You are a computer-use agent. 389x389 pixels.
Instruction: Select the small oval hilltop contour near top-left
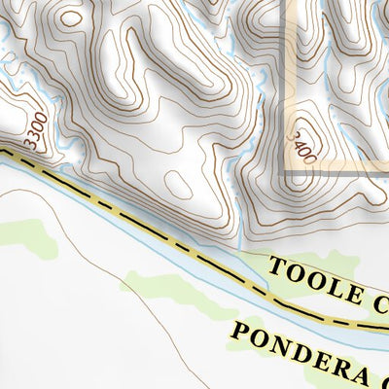[x=69, y=17]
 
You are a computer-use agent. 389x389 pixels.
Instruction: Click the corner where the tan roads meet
[x=286, y=174]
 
